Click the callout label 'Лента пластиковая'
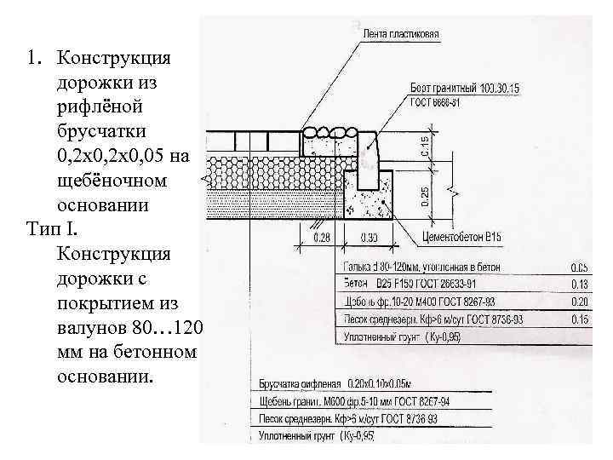click(400, 34)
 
